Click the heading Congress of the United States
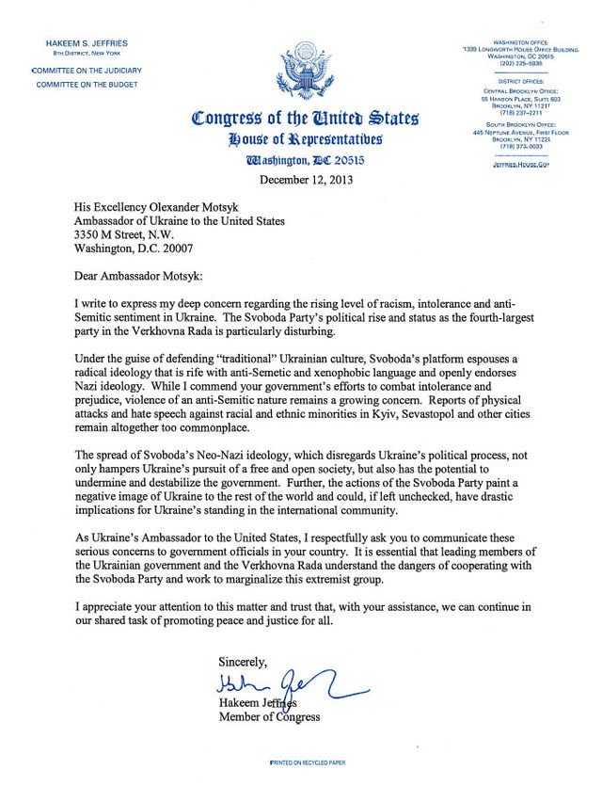(x=305, y=120)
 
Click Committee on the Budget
(x=87, y=85)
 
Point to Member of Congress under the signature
(x=269, y=717)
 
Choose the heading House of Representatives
(x=305, y=140)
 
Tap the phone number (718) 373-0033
(x=522, y=147)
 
